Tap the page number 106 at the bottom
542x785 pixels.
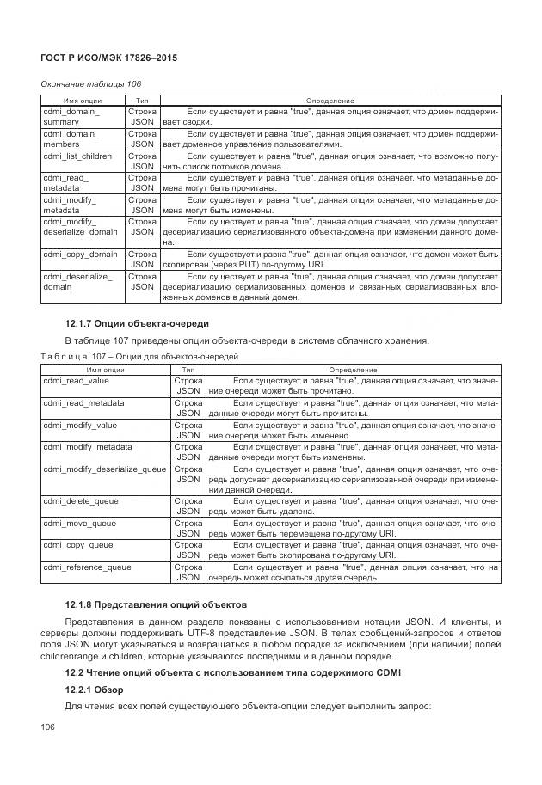[49, 727]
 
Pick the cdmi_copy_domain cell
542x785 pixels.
[80, 255]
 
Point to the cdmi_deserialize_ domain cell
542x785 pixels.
[77, 282]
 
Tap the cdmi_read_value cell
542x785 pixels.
[77, 379]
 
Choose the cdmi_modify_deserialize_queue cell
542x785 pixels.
[104, 469]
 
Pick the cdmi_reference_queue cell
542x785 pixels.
[87, 567]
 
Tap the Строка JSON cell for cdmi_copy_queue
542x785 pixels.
[188, 550]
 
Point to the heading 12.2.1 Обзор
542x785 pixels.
[95, 690]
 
